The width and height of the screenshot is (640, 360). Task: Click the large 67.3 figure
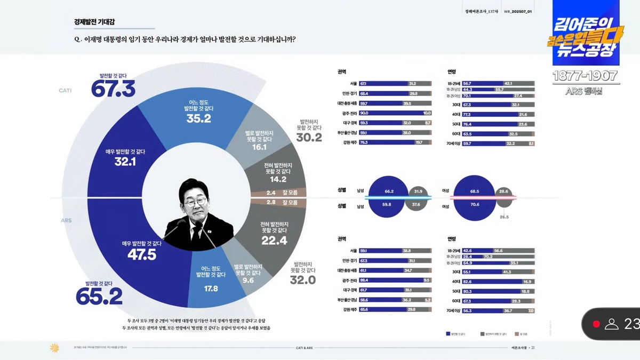pos(113,89)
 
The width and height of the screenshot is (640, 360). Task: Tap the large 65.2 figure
pos(99,295)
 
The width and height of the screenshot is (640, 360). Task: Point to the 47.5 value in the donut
pos(141,255)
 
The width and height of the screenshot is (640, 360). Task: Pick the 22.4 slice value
pos(274,241)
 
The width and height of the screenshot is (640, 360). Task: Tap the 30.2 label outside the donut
pos(309,138)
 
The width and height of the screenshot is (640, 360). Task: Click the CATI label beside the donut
pos(65,91)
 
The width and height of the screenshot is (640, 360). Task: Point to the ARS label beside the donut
pos(66,220)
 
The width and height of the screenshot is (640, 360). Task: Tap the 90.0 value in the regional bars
pos(364,113)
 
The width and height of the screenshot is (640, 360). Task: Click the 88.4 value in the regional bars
pos(364,279)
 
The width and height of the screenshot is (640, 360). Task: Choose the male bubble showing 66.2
pos(389,190)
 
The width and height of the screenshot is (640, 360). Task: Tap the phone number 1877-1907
pos(585,76)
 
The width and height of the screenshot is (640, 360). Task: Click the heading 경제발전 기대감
pos(94,22)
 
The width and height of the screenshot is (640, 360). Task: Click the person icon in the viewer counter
pos(612,324)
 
